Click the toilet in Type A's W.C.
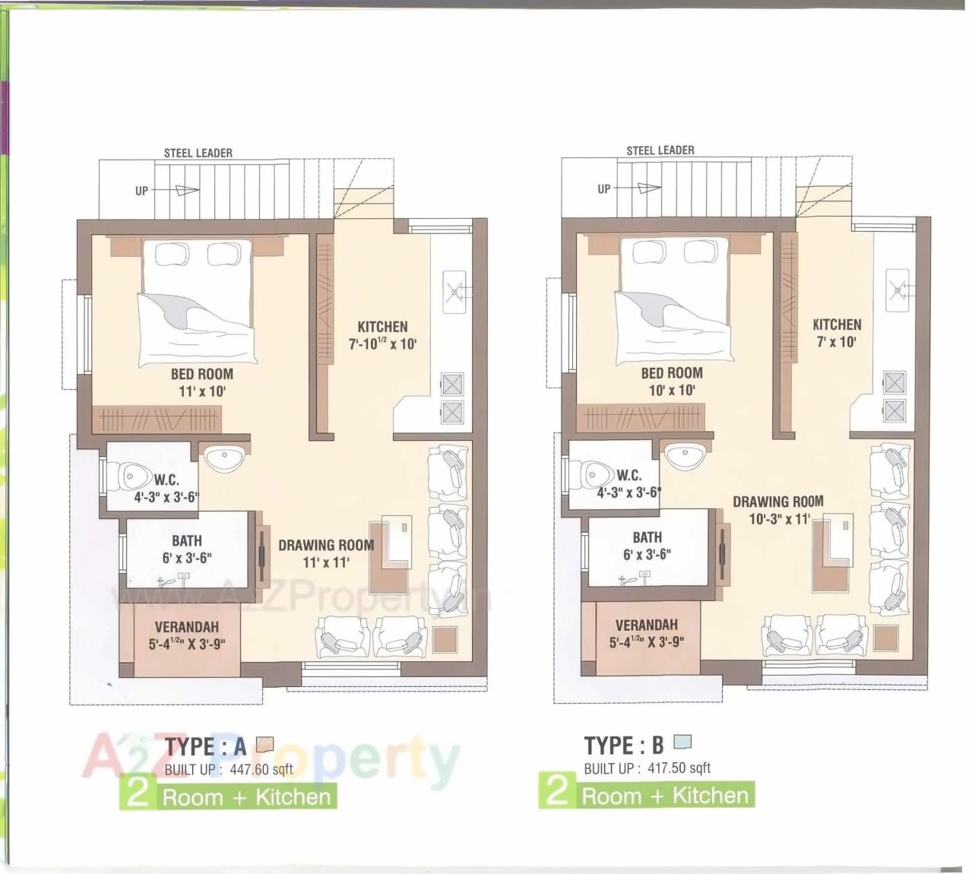(130, 477)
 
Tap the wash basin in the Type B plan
(686, 455)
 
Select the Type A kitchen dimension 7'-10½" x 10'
(383, 344)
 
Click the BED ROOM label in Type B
(671, 372)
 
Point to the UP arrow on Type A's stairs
(182, 191)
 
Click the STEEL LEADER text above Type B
(660, 150)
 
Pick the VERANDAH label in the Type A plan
(186, 627)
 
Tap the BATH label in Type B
(647, 537)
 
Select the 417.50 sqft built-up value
(679, 768)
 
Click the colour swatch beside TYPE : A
(264, 744)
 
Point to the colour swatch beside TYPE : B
(682, 742)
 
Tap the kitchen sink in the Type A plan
(454, 291)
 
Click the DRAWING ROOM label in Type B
(777, 502)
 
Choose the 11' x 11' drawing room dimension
(325, 562)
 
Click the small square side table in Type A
(444, 638)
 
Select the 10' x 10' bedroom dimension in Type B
(671, 390)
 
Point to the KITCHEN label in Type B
(837, 325)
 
